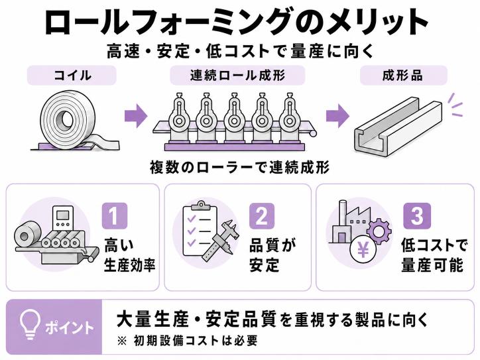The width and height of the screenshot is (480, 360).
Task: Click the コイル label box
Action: click(72, 75)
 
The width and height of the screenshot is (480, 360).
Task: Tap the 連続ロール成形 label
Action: click(237, 75)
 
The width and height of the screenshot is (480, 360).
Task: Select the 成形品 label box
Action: click(404, 75)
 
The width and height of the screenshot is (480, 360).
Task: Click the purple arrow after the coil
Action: click(136, 116)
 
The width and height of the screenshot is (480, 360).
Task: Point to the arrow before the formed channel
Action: click(337, 116)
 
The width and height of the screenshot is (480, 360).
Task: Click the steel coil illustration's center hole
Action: click(64, 117)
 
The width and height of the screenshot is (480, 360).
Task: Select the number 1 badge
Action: click(115, 216)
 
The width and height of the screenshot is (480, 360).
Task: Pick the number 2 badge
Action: click(262, 216)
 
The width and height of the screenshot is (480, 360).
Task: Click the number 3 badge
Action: click(417, 216)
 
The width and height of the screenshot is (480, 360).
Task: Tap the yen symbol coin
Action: click(363, 251)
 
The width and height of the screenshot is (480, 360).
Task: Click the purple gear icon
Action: click(379, 231)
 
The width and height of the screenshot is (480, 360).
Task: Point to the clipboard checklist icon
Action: click(200, 229)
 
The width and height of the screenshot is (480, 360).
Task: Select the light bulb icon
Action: click(30, 324)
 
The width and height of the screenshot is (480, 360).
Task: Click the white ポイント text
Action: click(69, 328)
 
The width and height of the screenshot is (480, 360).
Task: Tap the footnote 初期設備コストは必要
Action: click(196, 341)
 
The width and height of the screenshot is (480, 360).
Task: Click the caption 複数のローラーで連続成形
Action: click(240, 168)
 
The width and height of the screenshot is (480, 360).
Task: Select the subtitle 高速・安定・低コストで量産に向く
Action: click(240, 51)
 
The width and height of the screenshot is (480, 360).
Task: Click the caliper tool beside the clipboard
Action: click(221, 242)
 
